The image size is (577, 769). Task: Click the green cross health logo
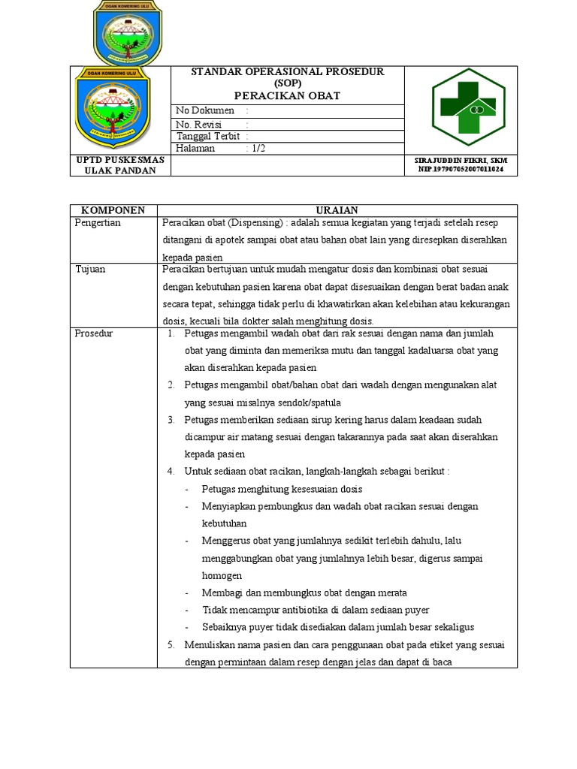pos(468,107)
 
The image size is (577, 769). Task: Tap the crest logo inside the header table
pos(119,110)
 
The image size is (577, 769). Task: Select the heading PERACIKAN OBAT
pos(287,95)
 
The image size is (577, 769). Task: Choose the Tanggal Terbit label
pos(207,136)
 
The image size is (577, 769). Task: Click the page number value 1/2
pos(258,148)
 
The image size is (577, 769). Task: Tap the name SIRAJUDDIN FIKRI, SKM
pos(461,161)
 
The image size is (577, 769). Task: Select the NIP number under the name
pos(461,170)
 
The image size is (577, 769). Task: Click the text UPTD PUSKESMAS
pos(119,159)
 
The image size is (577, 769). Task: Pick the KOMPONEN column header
pos(113,210)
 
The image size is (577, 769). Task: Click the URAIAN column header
pos(337,210)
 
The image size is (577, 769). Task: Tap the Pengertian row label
pos(98,223)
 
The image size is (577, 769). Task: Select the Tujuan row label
pos(90,269)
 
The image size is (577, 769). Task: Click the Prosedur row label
pos(93,333)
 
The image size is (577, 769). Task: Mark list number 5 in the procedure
pos(171,644)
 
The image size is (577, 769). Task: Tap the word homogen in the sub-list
pos(222,575)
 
